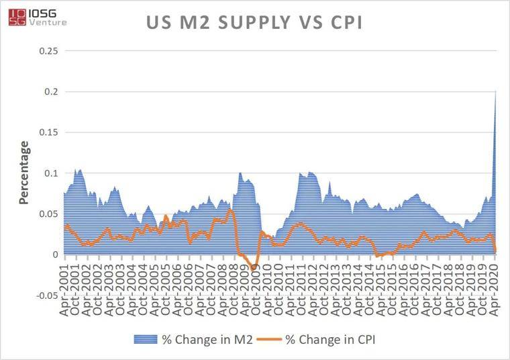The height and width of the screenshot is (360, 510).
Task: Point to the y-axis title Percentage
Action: click(x=24, y=173)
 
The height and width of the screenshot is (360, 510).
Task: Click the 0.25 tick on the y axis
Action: click(x=49, y=51)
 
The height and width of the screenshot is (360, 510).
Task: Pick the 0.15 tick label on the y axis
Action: click(x=49, y=132)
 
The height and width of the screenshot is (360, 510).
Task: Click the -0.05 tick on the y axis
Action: click(x=47, y=296)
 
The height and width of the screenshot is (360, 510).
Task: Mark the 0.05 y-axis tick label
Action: click(x=49, y=214)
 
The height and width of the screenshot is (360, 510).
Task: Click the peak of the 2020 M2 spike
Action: click(x=496, y=91)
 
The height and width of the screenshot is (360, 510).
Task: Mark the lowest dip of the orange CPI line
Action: click(x=253, y=269)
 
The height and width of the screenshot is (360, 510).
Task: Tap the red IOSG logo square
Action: click(x=17, y=17)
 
